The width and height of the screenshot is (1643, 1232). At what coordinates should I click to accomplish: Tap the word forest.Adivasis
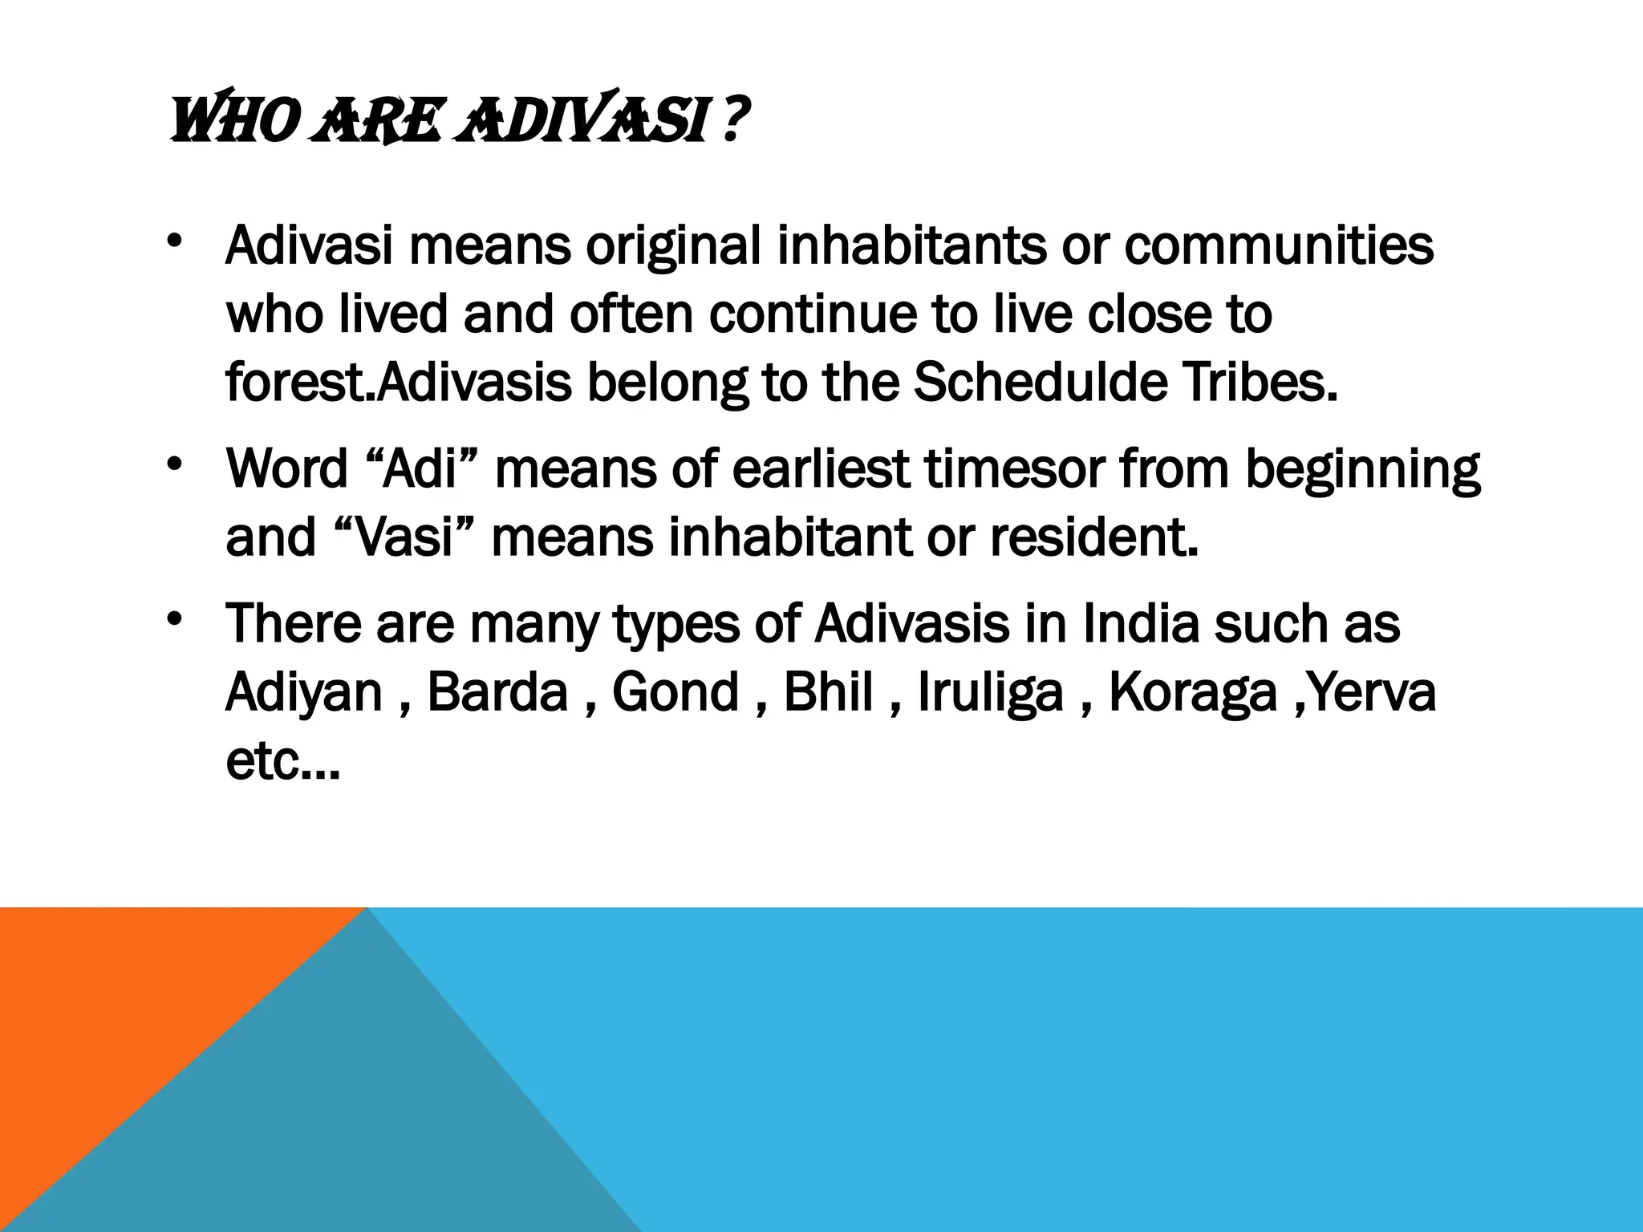point(399,383)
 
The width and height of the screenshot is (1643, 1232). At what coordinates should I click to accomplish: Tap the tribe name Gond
point(675,691)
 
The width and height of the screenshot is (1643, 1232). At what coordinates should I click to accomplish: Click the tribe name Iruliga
point(990,691)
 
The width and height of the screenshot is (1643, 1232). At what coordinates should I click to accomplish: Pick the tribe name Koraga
point(1192,691)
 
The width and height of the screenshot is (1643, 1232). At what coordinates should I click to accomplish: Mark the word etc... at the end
point(283,761)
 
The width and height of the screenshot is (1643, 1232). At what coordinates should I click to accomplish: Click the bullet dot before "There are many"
point(175,620)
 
